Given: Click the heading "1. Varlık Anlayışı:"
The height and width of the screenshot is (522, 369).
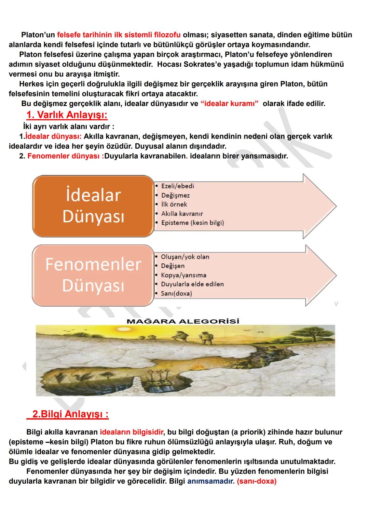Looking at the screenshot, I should point(67,115).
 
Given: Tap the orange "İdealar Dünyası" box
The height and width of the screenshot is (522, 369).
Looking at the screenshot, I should point(93,206).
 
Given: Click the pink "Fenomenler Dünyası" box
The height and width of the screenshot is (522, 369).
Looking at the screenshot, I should point(93,275).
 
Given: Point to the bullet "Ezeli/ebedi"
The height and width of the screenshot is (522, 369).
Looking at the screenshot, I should point(177,186).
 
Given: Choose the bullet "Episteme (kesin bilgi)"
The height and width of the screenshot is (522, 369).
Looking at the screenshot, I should point(192,223).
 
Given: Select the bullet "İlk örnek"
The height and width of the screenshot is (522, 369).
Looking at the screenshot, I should point(174,204).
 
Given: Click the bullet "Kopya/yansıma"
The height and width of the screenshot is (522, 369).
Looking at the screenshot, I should point(183,275).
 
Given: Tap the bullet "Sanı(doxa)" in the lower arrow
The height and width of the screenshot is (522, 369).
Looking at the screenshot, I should point(176,294).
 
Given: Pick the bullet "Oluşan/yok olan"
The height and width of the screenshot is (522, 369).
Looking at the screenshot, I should point(185,257).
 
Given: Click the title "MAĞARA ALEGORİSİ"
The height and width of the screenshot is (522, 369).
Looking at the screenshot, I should point(183,321).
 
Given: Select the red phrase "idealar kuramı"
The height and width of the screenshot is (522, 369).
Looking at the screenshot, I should point(229,104).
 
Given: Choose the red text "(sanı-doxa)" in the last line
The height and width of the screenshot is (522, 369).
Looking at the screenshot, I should point(257,481).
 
